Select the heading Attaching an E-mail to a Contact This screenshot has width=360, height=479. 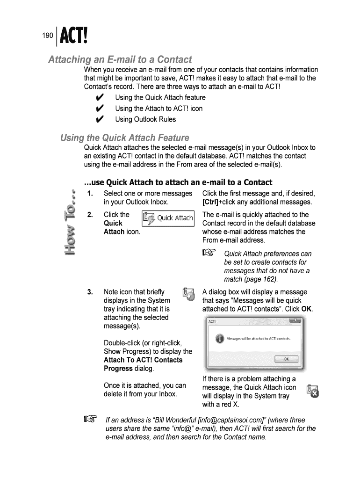[x=121, y=60]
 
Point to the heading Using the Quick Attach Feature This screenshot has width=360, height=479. [x=124, y=138]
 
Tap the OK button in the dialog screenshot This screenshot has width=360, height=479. [x=287, y=359]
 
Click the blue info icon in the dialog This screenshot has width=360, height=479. [x=219, y=339]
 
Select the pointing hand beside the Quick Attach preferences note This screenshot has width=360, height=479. [x=209, y=254]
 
